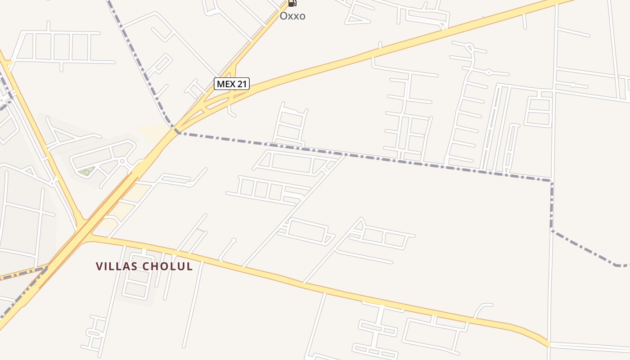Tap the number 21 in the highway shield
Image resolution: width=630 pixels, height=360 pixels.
(242, 84)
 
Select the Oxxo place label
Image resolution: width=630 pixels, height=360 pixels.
(292, 16)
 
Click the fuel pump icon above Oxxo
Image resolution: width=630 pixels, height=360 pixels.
(292, 3)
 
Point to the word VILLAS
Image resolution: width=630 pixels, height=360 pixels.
(116, 266)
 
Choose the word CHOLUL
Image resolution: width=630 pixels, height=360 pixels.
(167, 266)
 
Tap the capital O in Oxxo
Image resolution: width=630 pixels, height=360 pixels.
(283, 16)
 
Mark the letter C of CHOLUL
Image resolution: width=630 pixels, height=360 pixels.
(146, 266)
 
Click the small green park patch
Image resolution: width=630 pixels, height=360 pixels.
(86, 171)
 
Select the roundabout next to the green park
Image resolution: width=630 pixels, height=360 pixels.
(122, 161)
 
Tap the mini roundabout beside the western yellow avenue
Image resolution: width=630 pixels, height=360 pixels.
(53, 183)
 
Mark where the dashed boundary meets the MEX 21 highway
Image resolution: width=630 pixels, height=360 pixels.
(177, 131)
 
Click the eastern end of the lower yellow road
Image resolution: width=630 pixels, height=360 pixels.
(548, 344)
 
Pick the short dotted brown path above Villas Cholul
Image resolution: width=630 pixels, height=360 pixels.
(201, 230)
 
